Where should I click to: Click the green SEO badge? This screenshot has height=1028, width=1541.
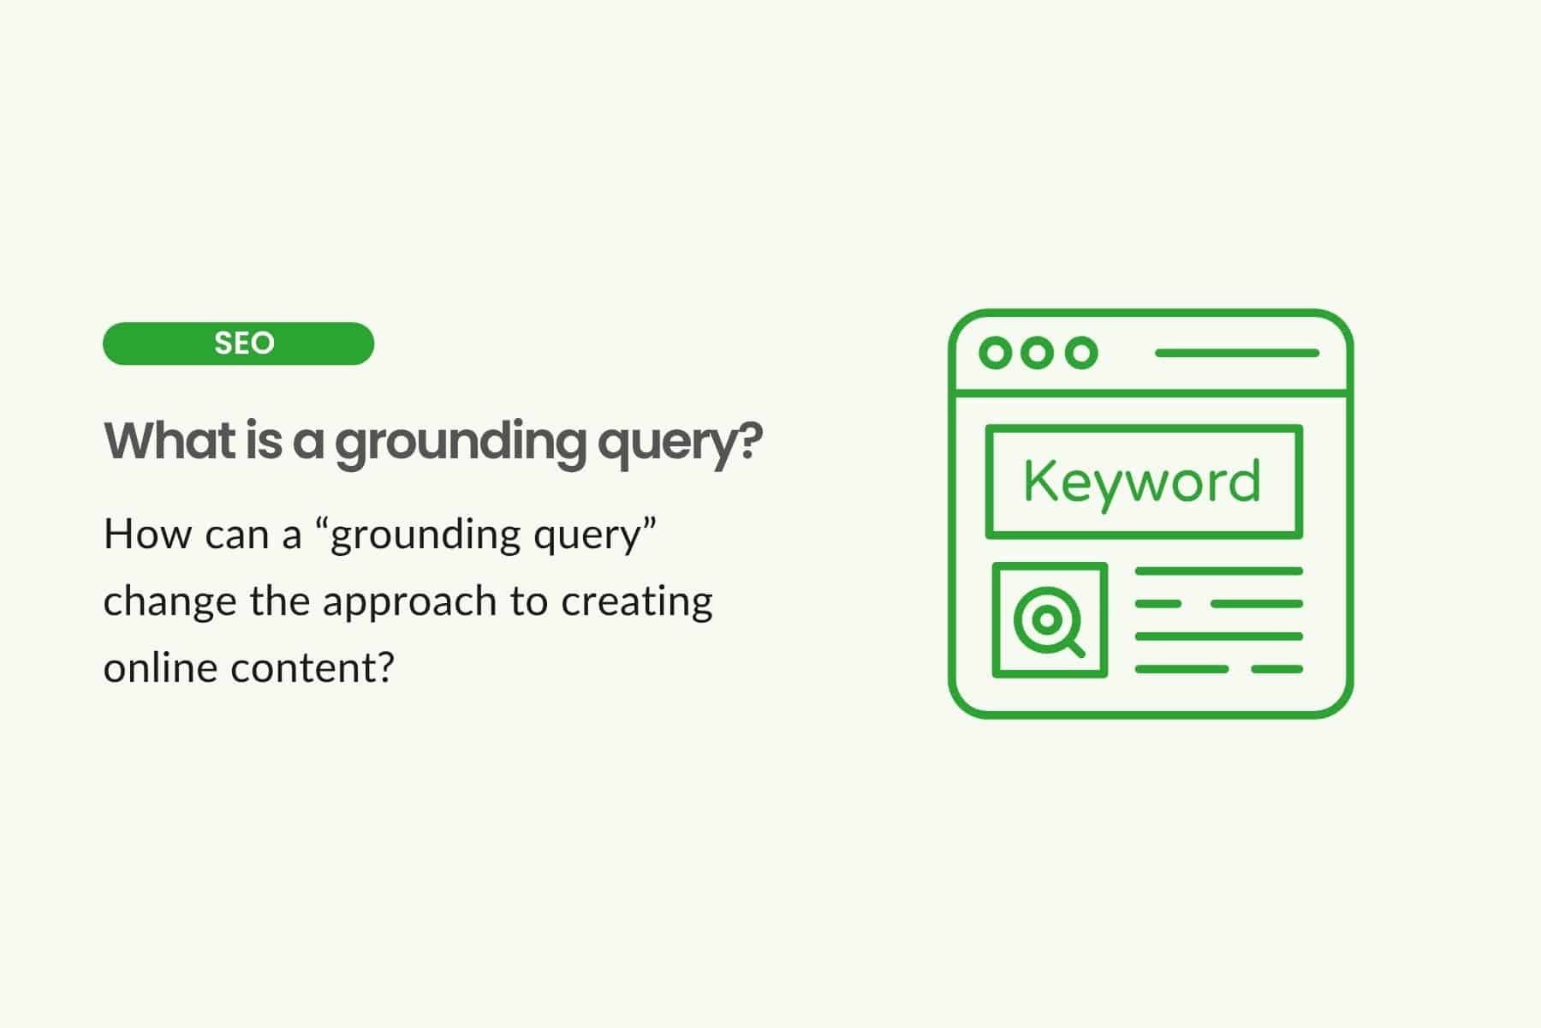coord(238,344)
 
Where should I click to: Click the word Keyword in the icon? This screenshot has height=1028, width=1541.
coord(1143,481)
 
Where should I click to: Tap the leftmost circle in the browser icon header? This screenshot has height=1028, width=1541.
coord(995,352)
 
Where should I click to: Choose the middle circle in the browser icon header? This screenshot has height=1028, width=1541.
coord(1038,352)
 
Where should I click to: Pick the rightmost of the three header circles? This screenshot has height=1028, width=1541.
coord(1081,352)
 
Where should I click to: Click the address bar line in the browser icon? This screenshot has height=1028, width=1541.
coord(1237,352)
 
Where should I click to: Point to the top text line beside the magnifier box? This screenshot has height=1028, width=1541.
coord(1219,571)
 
